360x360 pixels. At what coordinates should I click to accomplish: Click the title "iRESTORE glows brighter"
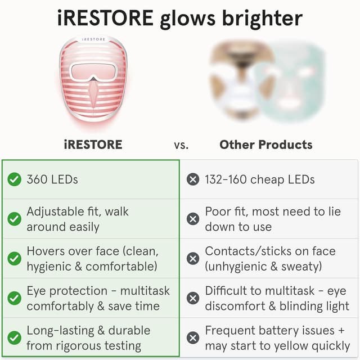point(180,19)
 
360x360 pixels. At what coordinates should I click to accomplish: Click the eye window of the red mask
point(93,71)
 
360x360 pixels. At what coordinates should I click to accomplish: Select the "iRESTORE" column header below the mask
point(93,145)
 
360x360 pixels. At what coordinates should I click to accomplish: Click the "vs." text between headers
point(181,145)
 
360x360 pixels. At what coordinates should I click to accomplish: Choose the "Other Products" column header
point(266,145)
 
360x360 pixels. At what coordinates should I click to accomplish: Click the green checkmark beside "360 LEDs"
point(15,179)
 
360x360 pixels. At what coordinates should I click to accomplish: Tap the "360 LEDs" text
point(52,179)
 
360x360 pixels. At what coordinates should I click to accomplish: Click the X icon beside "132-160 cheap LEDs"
point(193,179)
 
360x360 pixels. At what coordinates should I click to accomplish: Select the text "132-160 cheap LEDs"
point(260,179)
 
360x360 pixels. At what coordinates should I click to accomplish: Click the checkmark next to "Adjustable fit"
point(15,219)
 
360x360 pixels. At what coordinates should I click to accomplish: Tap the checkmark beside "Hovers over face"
point(15,258)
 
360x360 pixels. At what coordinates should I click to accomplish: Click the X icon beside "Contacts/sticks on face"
point(193,258)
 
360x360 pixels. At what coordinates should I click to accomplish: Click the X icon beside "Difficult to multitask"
point(193,298)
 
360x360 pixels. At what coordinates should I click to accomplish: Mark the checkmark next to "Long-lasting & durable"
point(15,337)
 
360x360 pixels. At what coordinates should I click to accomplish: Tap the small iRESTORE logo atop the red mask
point(93,40)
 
